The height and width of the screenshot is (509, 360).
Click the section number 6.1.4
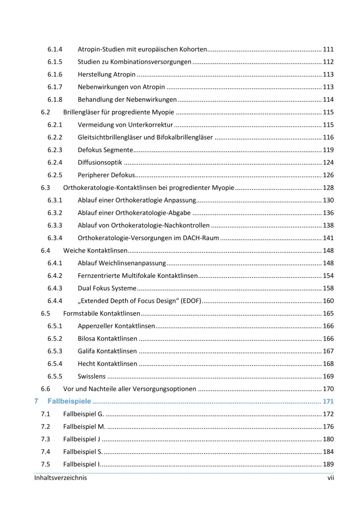(55, 50)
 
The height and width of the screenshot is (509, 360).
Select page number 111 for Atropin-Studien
(328, 50)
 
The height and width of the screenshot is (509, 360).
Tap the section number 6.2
(45, 111)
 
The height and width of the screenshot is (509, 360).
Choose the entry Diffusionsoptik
(100, 162)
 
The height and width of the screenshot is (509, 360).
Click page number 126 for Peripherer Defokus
(328, 175)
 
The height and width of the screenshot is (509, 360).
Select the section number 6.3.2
(55, 212)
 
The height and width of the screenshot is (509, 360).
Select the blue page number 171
(328, 401)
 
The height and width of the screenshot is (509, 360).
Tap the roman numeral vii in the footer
(330, 477)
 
